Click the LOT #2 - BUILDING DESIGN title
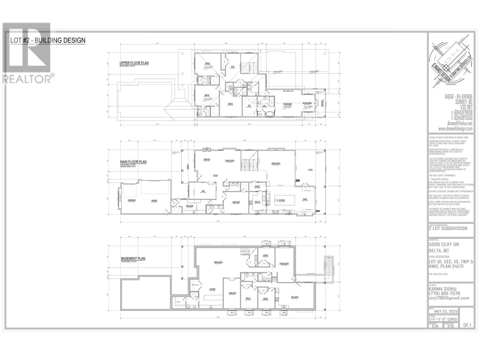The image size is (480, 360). [x=48, y=40]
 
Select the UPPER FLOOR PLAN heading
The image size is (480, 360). [x=134, y=63]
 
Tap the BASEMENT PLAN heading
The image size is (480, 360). [x=133, y=258]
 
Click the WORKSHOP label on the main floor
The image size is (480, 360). [x=132, y=200]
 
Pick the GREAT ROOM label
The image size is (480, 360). [x=276, y=163]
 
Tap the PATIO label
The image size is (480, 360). [x=310, y=170]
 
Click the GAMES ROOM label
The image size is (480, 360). [x=284, y=263]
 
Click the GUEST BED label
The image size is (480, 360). [x=236, y=202]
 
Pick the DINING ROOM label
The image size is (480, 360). [x=229, y=160]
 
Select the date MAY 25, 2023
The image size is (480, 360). [x=445, y=311]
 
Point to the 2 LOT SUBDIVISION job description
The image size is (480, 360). [x=448, y=228]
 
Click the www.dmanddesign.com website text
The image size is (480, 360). [x=455, y=129]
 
